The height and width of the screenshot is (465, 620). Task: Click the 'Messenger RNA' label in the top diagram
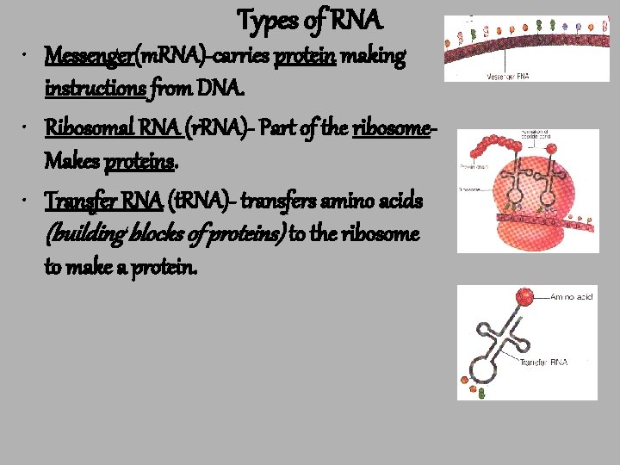[x=507, y=76]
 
